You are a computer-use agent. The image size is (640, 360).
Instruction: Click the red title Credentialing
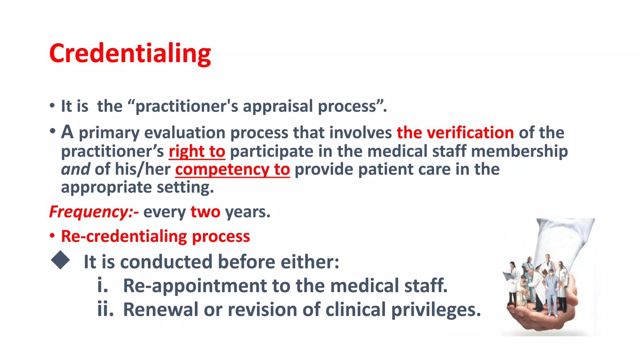130,53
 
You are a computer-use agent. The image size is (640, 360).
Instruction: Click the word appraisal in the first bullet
278,106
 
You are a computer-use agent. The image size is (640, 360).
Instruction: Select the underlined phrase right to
197,152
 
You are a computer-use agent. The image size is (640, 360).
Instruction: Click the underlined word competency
222,170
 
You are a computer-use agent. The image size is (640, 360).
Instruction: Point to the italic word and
76,169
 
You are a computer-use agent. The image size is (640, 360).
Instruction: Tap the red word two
205,212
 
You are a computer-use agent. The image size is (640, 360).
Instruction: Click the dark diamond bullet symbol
60,260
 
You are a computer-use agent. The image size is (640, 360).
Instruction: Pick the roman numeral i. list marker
102,285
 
